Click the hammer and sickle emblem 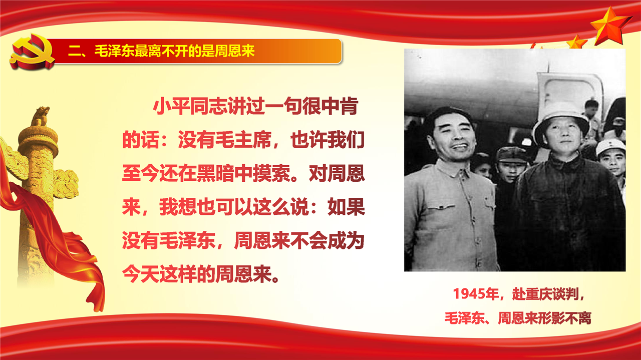click(x=32, y=52)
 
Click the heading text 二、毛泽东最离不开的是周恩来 click(x=161, y=51)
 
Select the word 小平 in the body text click(x=171, y=106)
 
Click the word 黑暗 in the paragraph click(x=215, y=173)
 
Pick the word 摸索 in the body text click(x=271, y=173)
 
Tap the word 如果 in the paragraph click(x=346, y=207)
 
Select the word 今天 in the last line click(x=141, y=274)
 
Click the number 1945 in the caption click(x=468, y=294)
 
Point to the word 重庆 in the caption click(x=539, y=294)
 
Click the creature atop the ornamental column click(x=40, y=116)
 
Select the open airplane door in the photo click(x=569, y=95)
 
